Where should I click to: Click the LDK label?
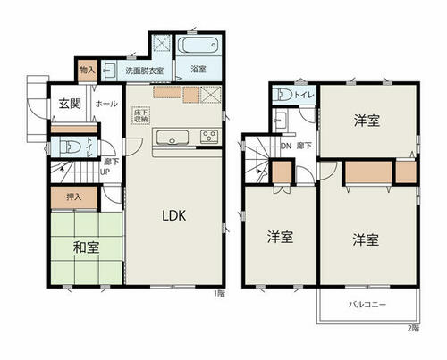click(x=173, y=215)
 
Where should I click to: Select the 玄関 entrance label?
click(x=71, y=104)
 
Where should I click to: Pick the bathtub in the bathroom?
click(x=196, y=44)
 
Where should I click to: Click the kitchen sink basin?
click(x=169, y=136)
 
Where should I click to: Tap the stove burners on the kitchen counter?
click(x=209, y=136)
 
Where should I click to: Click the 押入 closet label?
click(x=73, y=195)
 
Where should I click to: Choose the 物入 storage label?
click(x=89, y=69)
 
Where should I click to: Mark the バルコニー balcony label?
click(x=367, y=305)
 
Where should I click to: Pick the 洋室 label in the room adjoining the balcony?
click(x=365, y=239)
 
